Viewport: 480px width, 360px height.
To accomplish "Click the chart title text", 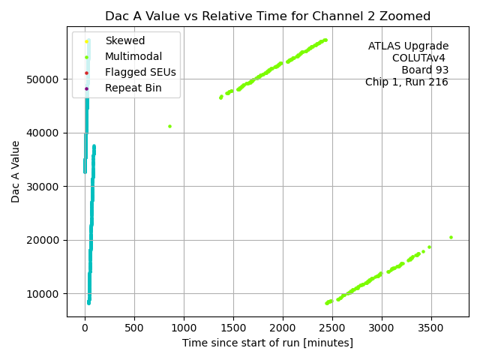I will point(268,16).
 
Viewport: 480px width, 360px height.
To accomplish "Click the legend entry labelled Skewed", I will point(125,40).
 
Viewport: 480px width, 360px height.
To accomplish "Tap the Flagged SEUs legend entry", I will point(137,73).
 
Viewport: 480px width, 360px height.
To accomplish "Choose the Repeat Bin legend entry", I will point(133,88).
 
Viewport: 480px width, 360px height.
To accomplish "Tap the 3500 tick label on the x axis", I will point(430,328).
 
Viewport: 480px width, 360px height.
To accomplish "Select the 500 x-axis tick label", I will point(134,328).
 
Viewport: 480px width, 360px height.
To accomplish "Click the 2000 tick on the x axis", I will point(282,328).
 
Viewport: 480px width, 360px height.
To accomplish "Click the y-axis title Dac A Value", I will point(16,171).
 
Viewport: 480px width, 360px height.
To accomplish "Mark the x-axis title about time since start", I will point(267,343).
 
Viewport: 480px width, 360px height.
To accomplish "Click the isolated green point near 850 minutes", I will point(169,126).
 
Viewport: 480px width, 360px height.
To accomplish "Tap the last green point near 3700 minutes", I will point(451,237).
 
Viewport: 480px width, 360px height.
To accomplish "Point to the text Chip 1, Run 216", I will point(406,82).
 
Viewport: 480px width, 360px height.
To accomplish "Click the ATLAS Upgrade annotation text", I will point(408,46).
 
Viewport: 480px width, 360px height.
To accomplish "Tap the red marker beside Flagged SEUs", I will point(87,73).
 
